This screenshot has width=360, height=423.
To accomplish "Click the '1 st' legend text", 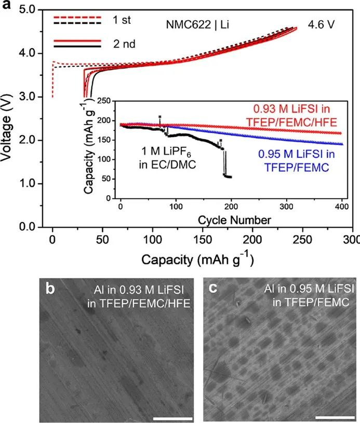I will click(125, 20).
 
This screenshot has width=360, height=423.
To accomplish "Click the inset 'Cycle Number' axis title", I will click(234, 220).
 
